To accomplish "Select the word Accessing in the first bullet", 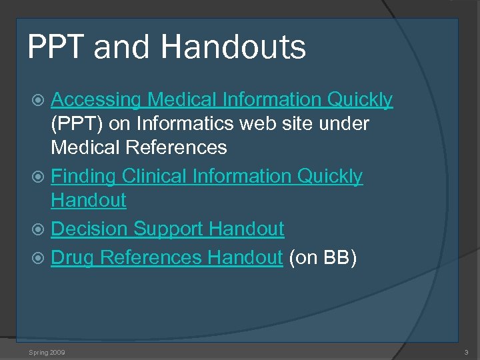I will tap(96, 100).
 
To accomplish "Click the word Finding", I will tap(83, 177).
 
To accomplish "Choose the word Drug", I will tap(73, 257).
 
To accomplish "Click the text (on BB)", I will tap(323, 257).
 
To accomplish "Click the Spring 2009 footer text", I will tap(47, 351).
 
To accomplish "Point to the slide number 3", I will tap(466, 351).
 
